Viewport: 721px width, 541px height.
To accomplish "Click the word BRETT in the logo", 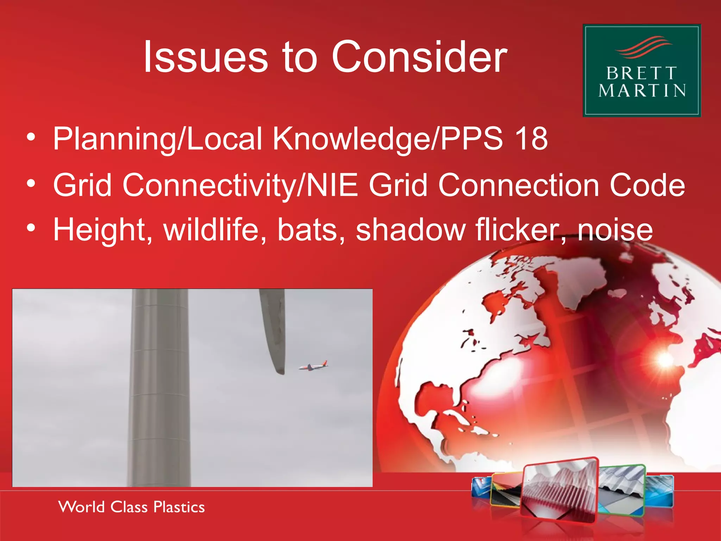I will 641,74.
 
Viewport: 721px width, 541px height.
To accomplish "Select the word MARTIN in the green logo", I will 642,91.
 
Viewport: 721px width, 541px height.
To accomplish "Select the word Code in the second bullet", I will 647,185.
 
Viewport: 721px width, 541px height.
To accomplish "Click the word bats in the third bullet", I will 307,230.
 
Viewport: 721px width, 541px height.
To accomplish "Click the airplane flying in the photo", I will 313,366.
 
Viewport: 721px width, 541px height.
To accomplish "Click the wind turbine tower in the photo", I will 159,387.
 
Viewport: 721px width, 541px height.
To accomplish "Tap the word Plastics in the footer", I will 179,507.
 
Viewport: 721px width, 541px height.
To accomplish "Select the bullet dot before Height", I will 31,229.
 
